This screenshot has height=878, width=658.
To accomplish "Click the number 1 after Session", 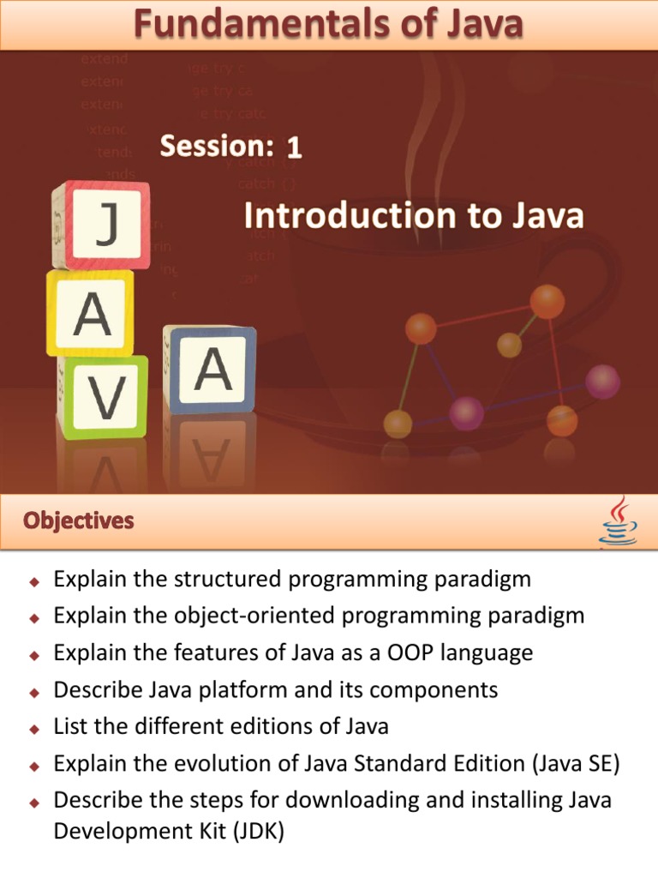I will click(x=294, y=148).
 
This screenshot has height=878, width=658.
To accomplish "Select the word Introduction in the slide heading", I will click(x=334, y=216).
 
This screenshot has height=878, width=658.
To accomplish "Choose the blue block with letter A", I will click(x=211, y=369).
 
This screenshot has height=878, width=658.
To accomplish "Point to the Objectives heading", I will click(x=79, y=520).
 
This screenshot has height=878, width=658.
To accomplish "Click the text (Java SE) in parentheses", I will click(x=575, y=763).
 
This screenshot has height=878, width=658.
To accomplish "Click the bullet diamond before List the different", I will click(x=35, y=729).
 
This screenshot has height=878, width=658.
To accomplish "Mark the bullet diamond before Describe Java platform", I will click(x=35, y=692).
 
